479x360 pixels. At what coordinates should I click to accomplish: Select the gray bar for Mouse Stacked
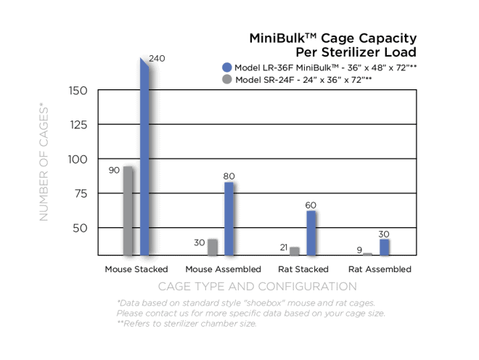point(128,210)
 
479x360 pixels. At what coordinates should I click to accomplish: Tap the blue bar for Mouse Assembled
point(229,218)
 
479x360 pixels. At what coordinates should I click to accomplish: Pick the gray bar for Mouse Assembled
point(213,247)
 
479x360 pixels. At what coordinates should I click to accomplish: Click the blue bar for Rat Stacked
point(311,232)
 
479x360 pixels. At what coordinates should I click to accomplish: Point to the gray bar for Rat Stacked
point(295,251)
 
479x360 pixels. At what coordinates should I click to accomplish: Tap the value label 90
point(114,170)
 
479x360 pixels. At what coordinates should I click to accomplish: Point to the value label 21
point(284,247)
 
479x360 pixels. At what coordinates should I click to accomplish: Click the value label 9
point(359,251)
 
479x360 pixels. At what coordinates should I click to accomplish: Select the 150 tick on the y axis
point(78,91)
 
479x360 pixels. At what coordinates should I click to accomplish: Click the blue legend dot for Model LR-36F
point(227,67)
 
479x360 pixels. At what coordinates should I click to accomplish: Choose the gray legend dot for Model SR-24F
point(227,79)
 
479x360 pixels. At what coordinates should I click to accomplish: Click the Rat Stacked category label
point(303,269)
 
